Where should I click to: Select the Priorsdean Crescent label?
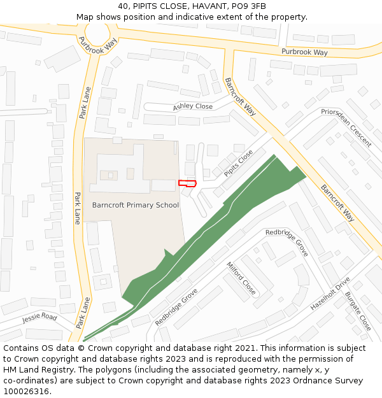(346, 127)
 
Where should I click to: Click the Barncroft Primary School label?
(136, 205)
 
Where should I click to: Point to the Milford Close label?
(241, 278)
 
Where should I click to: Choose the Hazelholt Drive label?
(330, 294)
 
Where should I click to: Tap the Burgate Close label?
(358, 311)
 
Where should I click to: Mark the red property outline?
(187, 183)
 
